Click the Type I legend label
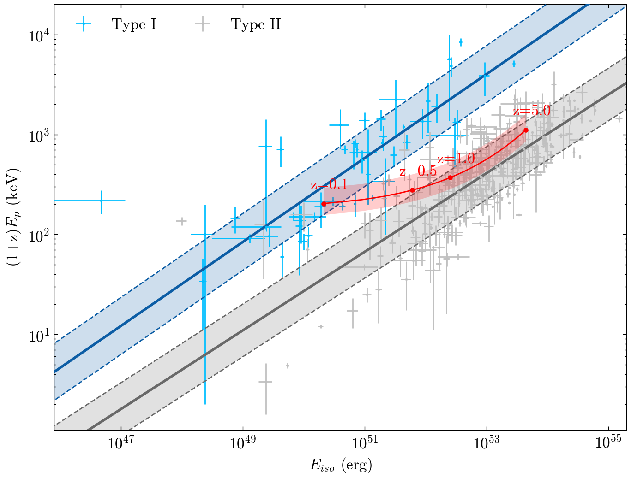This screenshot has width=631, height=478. click(134, 24)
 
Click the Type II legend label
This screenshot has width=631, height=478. click(256, 24)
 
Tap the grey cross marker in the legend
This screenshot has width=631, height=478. click(202, 24)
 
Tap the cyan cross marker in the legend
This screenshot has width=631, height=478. click(83, 24)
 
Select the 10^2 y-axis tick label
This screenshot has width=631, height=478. click(40, 235)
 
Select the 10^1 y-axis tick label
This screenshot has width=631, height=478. click(40, 335)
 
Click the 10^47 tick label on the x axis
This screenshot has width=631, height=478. click(121, 443)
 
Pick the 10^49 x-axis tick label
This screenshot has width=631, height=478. click(243, 443)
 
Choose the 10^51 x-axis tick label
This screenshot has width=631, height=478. click(365, 443)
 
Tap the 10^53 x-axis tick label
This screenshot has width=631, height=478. click(487, 443)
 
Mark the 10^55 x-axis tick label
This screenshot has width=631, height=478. click(608, 443)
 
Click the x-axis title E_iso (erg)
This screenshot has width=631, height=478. click(341, 466)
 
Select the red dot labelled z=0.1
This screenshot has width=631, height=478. click(324, 204)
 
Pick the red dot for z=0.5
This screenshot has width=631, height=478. click(412, 190)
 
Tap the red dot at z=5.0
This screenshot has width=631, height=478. click(526, 130)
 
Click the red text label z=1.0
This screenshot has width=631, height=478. click(456, 159)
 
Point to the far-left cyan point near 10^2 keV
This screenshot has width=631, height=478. click(101, 201)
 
